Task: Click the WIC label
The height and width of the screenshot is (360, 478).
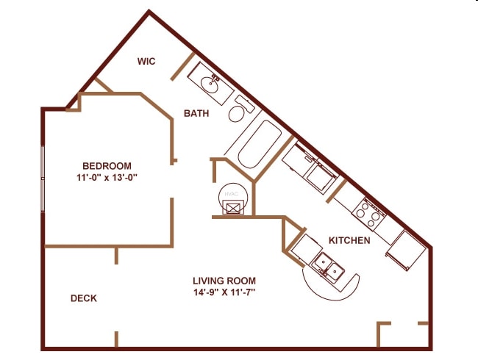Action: coord(146,61)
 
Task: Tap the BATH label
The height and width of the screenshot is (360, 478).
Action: coord(196,114)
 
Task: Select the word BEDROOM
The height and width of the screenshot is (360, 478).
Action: coord(107,165)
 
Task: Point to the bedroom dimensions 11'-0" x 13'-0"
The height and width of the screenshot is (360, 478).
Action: coord(107,177)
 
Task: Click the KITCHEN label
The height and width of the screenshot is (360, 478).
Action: coord(349,241)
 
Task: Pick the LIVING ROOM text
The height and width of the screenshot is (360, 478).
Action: coord(224,281)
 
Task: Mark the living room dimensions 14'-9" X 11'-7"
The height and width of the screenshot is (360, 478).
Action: coord(224,292)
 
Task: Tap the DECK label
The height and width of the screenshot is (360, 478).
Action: coord(84,298)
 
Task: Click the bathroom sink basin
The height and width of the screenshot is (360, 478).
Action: coord(211,85)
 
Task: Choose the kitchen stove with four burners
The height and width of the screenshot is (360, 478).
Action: coord(369,212)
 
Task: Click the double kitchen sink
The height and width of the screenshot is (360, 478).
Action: coord(328,265)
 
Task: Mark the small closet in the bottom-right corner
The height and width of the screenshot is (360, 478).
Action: coord(403,335)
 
